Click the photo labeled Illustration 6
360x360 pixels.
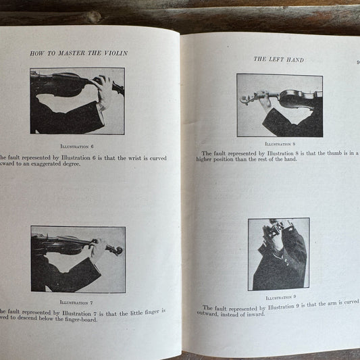pos(77,101)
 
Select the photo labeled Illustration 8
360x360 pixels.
pos(279,105)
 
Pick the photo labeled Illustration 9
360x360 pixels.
pos(278,254)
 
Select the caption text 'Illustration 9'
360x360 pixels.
pos(279,297)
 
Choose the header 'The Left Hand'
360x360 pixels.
pos(279,59)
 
